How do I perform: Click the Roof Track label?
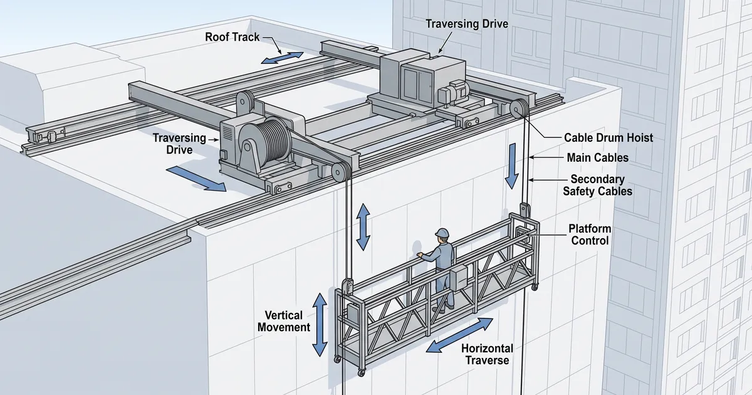coord(232,37)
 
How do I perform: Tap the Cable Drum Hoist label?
coord(608,138)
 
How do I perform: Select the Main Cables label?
coord(598,157)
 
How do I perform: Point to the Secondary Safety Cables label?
coord(598,185)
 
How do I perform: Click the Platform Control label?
coord(590,234)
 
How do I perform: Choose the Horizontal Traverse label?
coord(487,354)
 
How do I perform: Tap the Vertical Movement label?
coord(284,321)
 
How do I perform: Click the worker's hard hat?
coord(442,233)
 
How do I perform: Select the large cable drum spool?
coord(265,141)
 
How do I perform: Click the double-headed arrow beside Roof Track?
coord(283,58)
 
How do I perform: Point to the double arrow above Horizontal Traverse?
coord(459,335)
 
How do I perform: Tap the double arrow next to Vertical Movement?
coord(320,325)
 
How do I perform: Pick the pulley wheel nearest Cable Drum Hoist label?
coord(519,108)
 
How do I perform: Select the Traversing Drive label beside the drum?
coord(179,144)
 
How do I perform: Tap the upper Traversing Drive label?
coord(467,24)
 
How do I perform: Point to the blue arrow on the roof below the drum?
coord(196,179)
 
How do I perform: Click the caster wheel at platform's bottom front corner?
coord(361,372)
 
